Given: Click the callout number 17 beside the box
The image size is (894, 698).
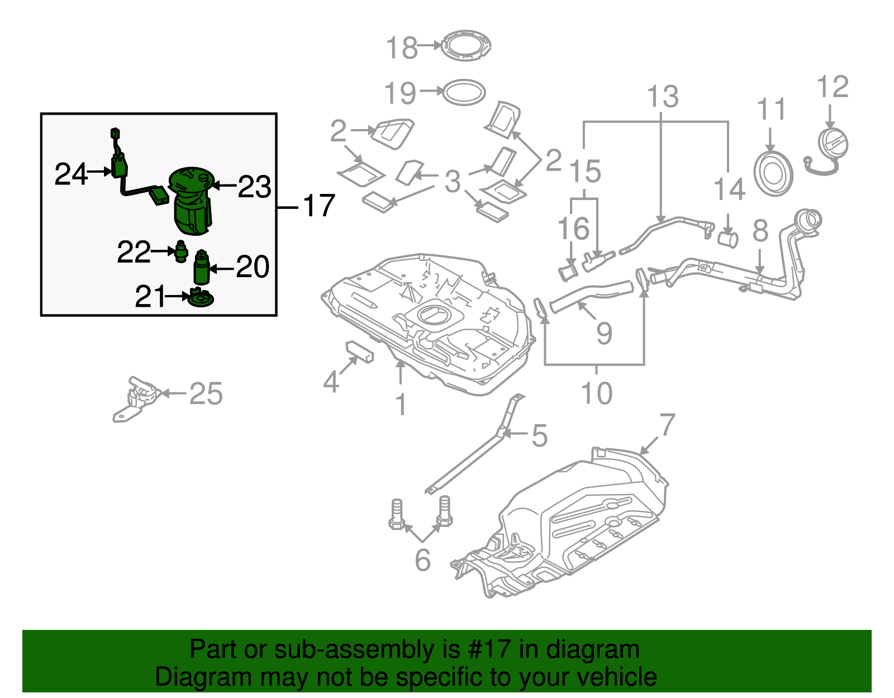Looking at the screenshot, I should click(318, 206).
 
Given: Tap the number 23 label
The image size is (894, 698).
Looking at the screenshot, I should click(254, 187).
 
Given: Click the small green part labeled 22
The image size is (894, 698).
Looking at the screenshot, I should click(180, 251).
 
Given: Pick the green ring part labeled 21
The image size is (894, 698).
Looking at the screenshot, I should click(200, 298).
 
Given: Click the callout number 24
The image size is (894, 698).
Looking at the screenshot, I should click(71, 174).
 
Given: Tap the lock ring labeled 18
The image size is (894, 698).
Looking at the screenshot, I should click(466, 46).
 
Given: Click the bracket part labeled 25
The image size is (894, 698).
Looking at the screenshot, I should click(137, 398).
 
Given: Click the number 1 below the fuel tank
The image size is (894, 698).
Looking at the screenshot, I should click(401, 405).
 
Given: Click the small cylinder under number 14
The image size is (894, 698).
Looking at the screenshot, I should click(727, 240).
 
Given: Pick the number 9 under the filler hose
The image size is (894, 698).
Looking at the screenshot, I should click(604, 334).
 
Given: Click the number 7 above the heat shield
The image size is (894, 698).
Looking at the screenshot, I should click(667, 425).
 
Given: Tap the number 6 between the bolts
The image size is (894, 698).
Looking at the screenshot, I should click(422, 559).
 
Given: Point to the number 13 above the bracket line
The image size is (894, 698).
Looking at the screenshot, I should click(663, 97).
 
